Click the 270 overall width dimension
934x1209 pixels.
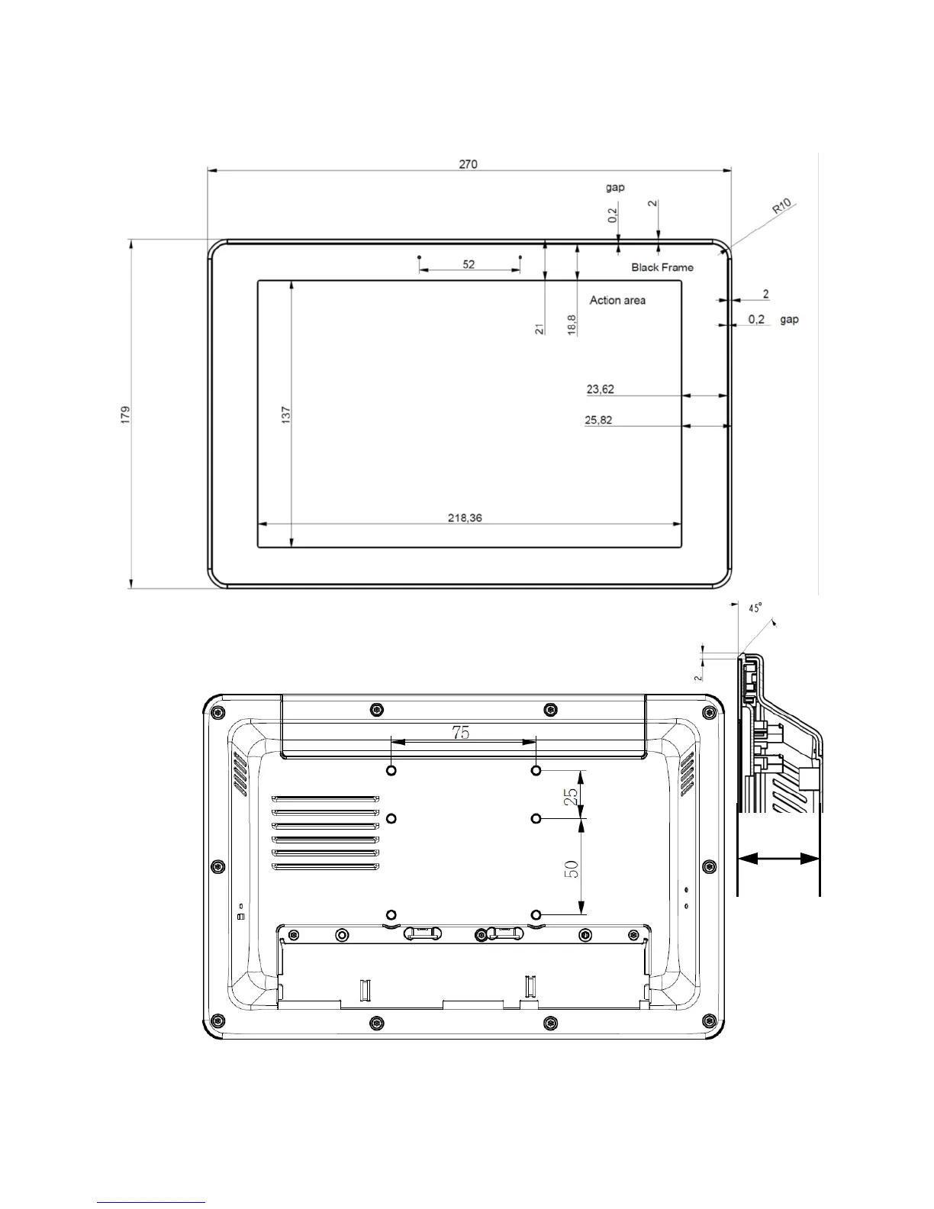[468, 164]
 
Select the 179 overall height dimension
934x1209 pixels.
[125, 414]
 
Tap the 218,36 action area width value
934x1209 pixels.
[465, 518]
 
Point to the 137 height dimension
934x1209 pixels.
[286, 414]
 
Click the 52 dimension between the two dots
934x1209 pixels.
[469, 264]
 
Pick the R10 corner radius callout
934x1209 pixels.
[781, 206]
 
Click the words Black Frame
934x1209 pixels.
[662, 267]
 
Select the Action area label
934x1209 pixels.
[617, 301]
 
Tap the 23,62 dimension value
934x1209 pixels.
[601, 389]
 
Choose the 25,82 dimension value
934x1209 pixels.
[598, 420]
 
